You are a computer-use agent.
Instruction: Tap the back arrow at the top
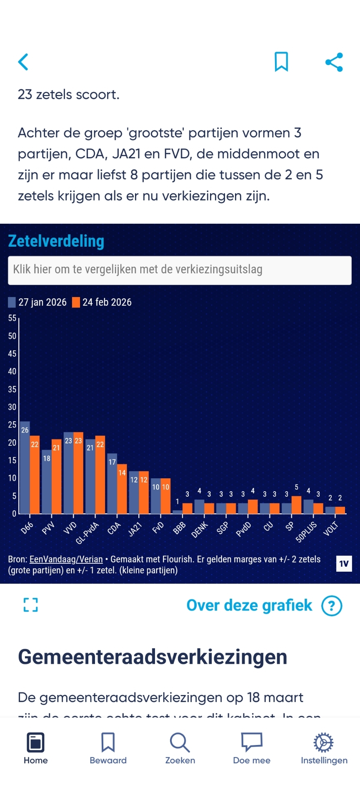(23, 62)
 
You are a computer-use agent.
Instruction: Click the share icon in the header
(334, 62)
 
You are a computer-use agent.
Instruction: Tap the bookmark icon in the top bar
(281, 62)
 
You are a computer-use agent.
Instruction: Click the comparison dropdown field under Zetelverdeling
(180, 270)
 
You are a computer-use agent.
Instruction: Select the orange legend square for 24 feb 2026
(76, 302)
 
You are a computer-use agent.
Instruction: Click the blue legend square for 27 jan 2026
(12, 302)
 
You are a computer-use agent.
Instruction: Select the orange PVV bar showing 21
(56, 477)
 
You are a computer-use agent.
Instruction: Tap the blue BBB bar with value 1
(177, 512)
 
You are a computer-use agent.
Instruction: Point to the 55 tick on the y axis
(12, 318)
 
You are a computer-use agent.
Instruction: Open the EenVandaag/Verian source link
(66, 559)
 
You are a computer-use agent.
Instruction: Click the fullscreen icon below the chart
(31, 605)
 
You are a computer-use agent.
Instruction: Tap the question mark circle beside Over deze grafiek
(332, 605)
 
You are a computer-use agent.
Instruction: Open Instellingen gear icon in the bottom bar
(324, 742)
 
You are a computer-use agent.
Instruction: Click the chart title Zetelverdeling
(56, 241)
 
